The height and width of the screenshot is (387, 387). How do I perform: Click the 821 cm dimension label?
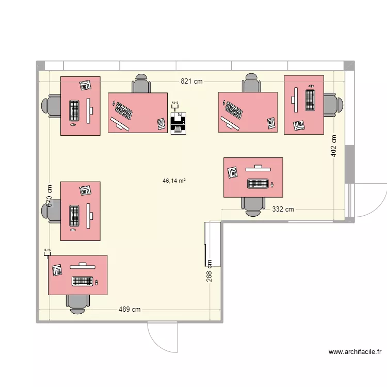(191, 81)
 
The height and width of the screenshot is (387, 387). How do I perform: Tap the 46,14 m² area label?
(174, 181)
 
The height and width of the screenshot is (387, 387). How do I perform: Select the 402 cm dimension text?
(333, 146)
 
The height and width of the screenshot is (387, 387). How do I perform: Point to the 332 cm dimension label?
(283, 209)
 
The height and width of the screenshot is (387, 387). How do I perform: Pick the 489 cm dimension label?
(130, 310)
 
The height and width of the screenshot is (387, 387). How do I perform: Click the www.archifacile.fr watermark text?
(355, 352)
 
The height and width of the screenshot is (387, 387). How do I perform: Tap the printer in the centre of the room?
(178, 124)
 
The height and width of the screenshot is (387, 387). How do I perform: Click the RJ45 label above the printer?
(175, 103)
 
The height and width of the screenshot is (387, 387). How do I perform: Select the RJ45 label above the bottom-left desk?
(47, 250)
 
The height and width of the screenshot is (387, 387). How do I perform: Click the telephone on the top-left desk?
(85, 85)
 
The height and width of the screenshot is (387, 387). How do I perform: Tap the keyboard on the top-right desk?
(310, 100)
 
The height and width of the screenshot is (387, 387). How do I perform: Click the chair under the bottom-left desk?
(77, 303)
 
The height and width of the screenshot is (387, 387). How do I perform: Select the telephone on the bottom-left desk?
(57, 270)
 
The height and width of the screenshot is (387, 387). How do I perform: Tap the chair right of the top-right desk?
(333, 105)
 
